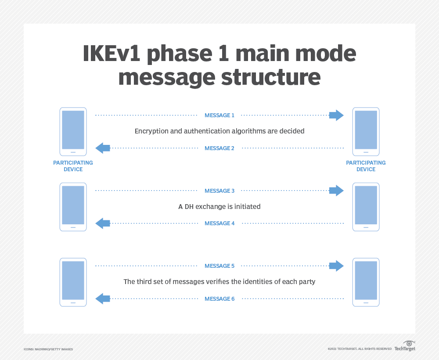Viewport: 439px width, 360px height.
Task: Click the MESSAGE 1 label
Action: (x=219, y=115)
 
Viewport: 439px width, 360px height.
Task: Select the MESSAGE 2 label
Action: (x=219, y=148)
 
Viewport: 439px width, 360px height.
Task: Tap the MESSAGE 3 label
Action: (x=219, y=191)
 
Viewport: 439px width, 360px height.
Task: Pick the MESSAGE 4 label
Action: (x=219, y=223)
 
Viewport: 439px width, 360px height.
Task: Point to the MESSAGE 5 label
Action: (x=219, y=266)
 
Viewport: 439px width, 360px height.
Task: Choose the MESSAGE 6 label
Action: (x=219, y=299)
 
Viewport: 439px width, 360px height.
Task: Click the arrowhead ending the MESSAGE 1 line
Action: (x=336, y=115)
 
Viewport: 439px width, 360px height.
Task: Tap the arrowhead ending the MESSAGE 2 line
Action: (x=103, y=148)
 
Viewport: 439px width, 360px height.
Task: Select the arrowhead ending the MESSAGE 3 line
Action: (x=336, y=191)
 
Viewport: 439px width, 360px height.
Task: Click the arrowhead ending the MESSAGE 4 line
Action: (x=103, y=223)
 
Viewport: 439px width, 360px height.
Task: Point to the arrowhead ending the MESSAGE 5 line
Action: (x=336, y=266)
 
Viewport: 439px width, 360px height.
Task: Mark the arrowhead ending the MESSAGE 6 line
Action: (x=103, y=299)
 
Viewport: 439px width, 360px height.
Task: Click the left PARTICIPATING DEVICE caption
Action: (x=73, y=166)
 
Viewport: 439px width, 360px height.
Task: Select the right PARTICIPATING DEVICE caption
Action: (x=366, y=166)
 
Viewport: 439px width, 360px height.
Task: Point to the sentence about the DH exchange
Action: (x=219, y=206)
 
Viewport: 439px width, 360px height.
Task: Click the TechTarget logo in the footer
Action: (x=405, y=347)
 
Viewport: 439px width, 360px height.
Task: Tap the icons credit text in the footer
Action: (x=48, y=349)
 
